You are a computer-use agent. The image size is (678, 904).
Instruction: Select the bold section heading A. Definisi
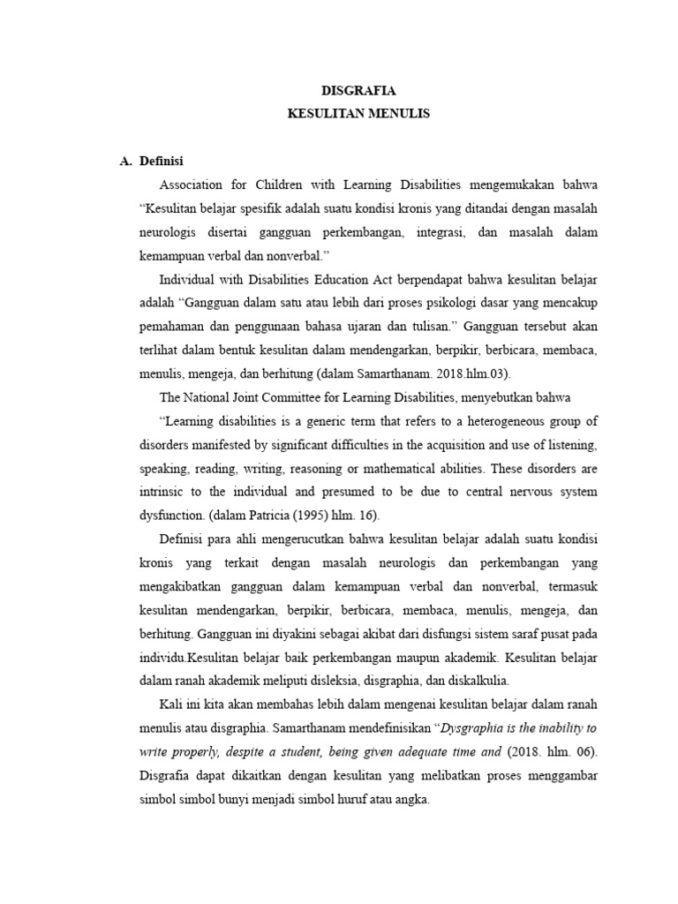(151, 161)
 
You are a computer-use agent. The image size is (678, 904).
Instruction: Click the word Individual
(187, 280)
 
